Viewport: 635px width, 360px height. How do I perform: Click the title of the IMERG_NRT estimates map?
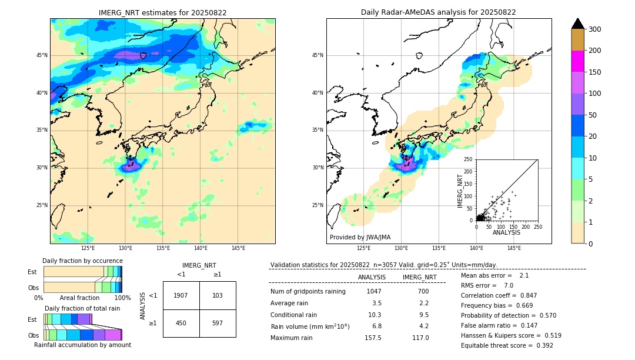162,12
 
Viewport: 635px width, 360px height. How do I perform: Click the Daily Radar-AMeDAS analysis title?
438,12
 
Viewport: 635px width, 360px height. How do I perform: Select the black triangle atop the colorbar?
578,24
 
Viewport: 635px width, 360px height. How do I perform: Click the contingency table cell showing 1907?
181,295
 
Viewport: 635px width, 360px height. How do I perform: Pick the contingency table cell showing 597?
218,323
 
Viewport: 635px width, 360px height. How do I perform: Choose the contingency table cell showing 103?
218,295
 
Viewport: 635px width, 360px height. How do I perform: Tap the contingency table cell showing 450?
181,323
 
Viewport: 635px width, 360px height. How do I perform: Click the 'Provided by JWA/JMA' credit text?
360,237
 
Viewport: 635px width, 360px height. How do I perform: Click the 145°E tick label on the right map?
514,248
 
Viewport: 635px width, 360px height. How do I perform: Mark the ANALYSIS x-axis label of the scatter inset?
506,232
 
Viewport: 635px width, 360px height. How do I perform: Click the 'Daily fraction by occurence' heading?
82,261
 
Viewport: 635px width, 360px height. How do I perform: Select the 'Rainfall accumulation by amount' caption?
82,345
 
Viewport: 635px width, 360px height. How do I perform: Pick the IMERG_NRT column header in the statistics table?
419,277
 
